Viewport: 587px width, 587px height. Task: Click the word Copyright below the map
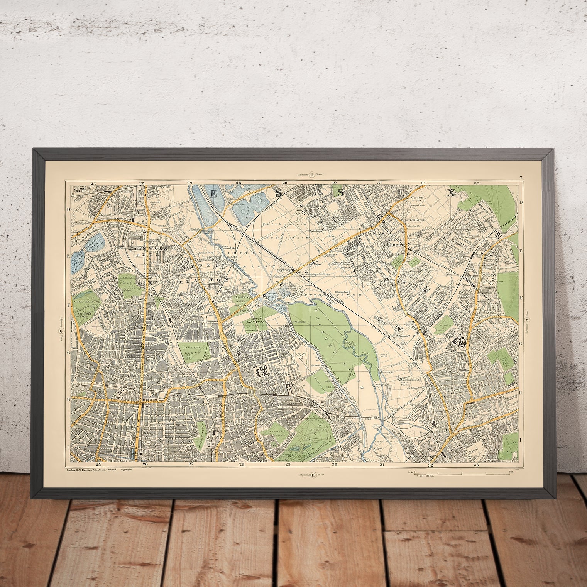[x=127, y=470]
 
